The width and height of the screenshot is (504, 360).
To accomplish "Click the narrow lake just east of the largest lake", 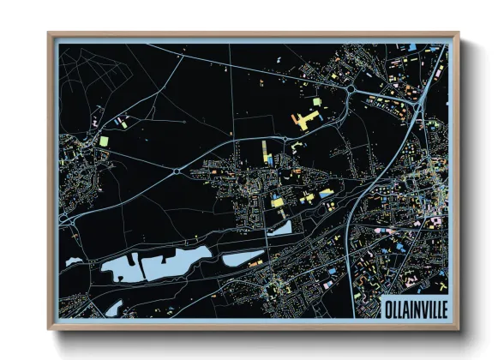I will point(243,256).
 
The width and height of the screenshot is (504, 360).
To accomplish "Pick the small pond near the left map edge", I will point(74,260).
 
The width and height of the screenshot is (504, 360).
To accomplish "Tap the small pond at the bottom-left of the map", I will point(113,306).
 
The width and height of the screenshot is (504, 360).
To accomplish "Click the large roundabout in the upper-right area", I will point(351,88).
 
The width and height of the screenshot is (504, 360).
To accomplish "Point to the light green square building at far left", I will point(104,141).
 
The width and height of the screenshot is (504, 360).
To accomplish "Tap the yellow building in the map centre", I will point(277,201).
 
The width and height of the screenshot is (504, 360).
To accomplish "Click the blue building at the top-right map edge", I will point(413,46).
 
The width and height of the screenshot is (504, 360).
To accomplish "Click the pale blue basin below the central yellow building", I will point(279,228).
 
